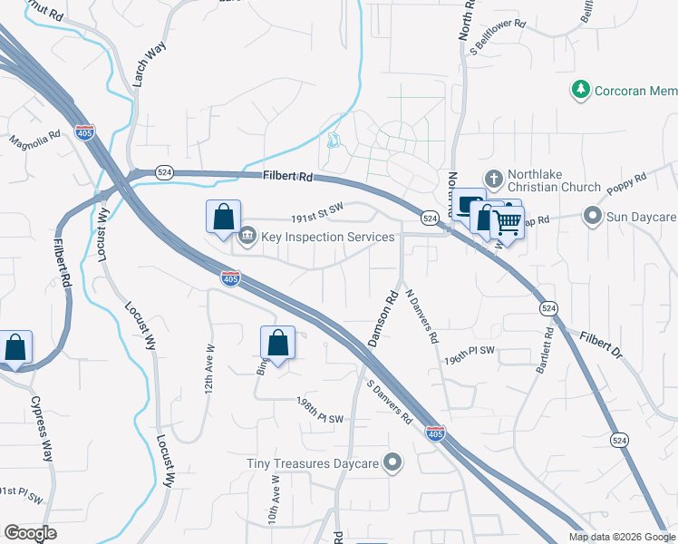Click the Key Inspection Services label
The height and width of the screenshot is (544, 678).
[328, 238]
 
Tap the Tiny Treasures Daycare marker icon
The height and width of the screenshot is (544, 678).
[392, 463]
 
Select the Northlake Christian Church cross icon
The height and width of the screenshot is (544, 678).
[493, 179]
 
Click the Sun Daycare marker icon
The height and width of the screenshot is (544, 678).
[593, 216]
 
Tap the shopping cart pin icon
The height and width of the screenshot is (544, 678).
[508, 220]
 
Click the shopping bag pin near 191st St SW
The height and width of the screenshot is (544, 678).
[224, 217]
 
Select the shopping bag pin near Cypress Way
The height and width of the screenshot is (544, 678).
[15, 347]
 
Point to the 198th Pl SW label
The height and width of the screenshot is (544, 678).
[321, 409]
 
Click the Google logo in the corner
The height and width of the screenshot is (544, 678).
[30, 532]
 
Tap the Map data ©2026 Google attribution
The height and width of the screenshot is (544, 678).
[621, 537]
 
